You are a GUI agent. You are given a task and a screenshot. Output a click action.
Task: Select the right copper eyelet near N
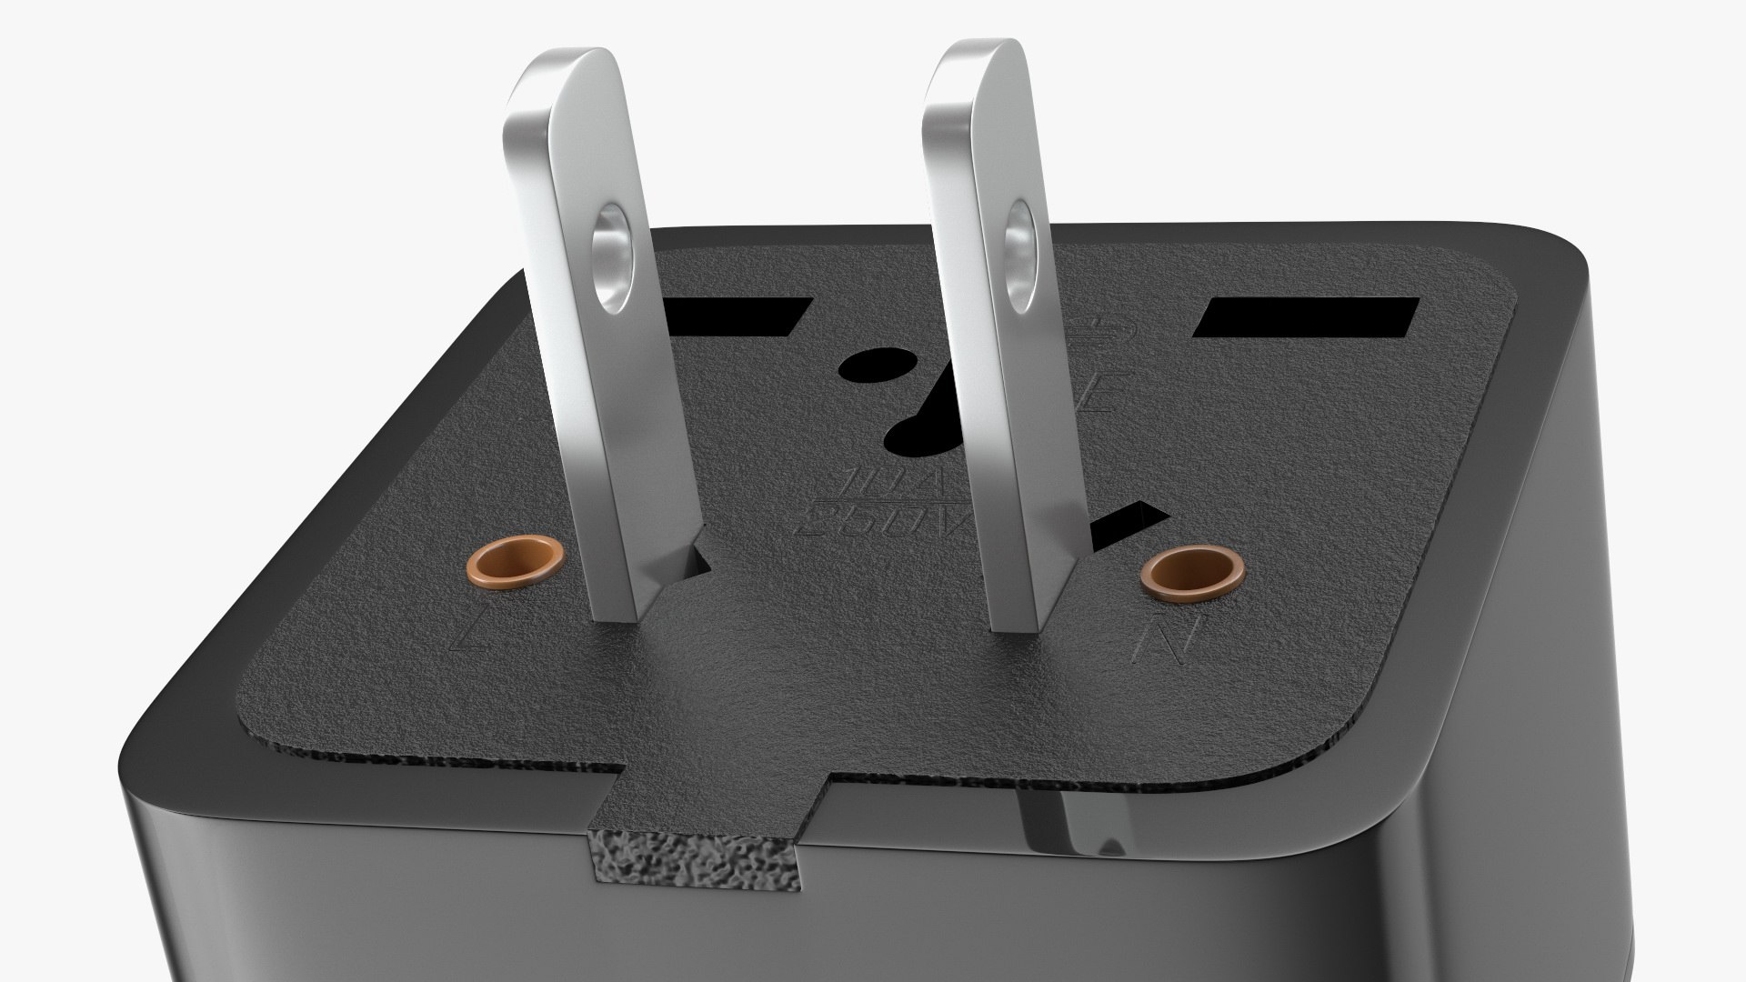[x=1191, y=573]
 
